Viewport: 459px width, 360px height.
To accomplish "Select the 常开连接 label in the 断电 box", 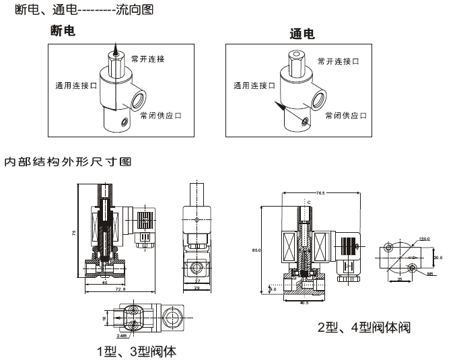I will click(149, 59).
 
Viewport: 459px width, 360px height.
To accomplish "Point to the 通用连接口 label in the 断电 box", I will click(76, 86).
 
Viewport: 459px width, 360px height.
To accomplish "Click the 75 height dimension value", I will click(75, 232).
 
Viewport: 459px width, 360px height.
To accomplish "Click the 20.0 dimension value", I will click(437, 257).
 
